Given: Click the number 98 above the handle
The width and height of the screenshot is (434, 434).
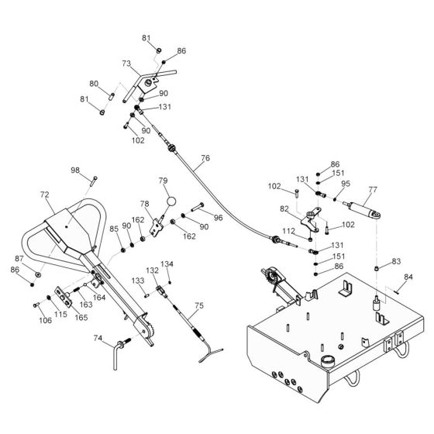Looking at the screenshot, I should point(75,170).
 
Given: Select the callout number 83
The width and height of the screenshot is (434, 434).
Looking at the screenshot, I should point(396,261).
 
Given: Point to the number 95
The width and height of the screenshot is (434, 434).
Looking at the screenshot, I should point(345,184).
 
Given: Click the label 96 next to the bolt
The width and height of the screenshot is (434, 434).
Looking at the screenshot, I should point(218,218).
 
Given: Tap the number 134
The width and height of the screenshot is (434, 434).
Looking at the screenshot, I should point(167,264).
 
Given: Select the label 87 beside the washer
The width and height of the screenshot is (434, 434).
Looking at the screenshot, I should point(20,259).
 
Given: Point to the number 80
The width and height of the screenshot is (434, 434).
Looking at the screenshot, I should point(94,83).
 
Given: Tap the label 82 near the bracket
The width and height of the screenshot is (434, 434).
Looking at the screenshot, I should point(284,208).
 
